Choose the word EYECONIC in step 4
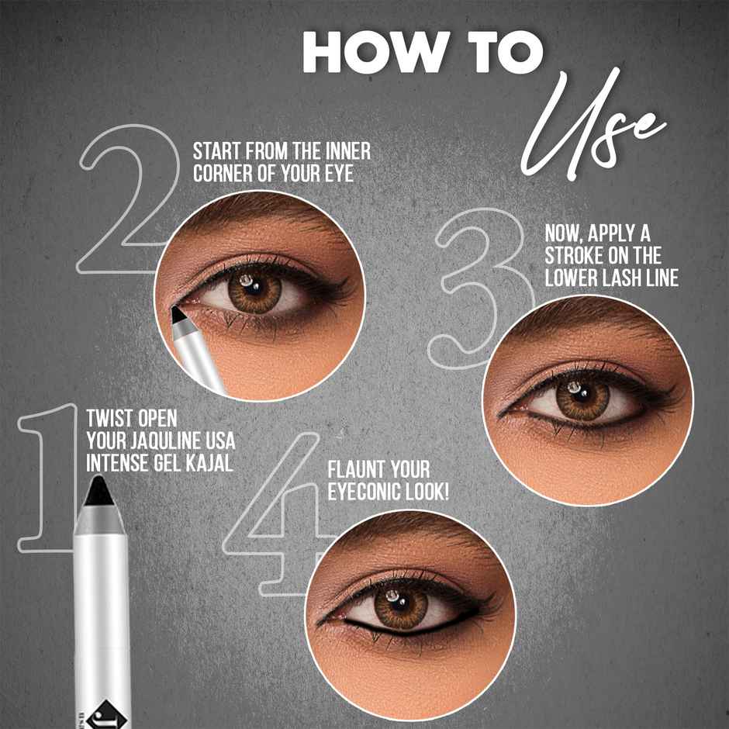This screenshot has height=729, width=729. click(369, 492)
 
